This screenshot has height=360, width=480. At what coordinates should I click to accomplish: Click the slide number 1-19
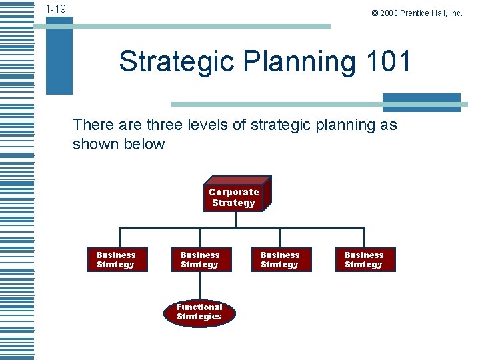pyautogui.click(x=55, y=9)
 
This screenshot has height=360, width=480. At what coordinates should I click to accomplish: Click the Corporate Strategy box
pyautogui.click(x=234, y=197)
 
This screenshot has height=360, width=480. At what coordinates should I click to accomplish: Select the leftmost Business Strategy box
pyautogui.click(x=116, y=260)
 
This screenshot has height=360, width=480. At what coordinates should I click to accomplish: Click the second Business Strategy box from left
pyautogui.click(x=200, y=260)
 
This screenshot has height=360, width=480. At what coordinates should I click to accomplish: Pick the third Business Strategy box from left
pyautogui.click(x=280, y=260)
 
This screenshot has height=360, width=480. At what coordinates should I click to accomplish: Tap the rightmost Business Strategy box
pyautogui.click(x=364, y=260)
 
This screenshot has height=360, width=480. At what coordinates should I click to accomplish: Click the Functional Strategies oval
pyautogui.click(x=199, y=312)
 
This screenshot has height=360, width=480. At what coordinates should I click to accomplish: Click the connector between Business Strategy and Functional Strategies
pyautogui.click(x=200, y=285)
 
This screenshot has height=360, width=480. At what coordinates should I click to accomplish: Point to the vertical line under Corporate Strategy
pyautogui.click(x=234, y=220)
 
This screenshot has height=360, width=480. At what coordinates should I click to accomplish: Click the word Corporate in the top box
pyautogui.click(x=233, y=192)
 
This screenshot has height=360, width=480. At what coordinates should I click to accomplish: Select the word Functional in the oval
pyautogui.click(x=199, y=307)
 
